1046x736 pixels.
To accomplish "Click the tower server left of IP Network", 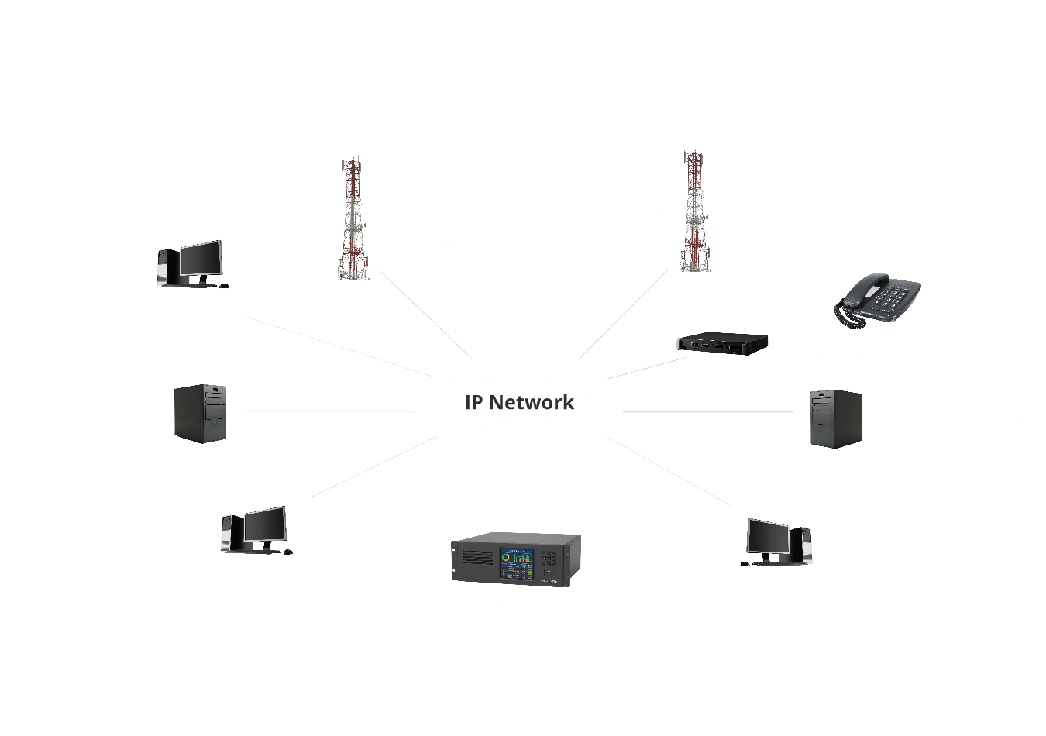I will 201,414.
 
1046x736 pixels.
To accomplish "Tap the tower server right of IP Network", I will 835,418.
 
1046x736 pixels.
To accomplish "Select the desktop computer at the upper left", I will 192,263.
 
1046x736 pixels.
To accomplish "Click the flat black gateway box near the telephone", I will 721,343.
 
